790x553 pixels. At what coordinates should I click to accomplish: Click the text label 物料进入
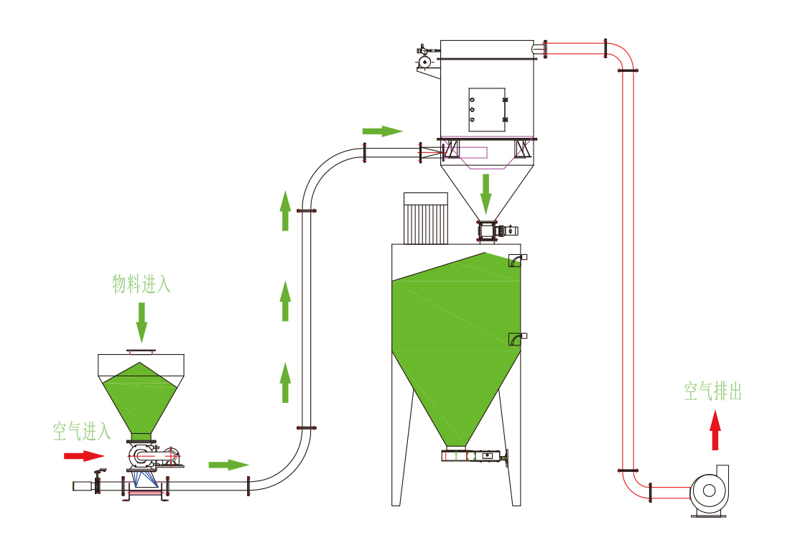point(141,284)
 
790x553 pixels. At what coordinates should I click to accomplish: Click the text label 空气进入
point(82,432)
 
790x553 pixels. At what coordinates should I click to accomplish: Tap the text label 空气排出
point(712,392)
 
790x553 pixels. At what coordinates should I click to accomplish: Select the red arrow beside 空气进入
point(84,455)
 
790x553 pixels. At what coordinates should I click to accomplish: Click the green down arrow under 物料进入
point(141,322)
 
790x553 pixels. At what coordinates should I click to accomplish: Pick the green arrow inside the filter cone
point(486,193)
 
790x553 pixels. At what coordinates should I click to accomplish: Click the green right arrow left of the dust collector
point(382,131)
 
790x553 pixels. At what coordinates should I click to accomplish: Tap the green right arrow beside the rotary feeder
point(228,465)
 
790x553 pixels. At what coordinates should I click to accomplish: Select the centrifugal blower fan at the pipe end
point(709,491)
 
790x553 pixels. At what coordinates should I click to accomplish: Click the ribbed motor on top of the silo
point(425,218)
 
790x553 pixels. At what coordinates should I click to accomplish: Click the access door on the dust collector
point(487,110)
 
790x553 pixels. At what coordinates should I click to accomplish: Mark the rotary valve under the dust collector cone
point(488,231)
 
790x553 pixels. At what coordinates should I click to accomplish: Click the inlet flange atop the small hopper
point(141,351)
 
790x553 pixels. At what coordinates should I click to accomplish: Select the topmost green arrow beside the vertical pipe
point(285,210)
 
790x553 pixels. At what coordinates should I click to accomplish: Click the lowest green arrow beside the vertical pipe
point(285,383)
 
